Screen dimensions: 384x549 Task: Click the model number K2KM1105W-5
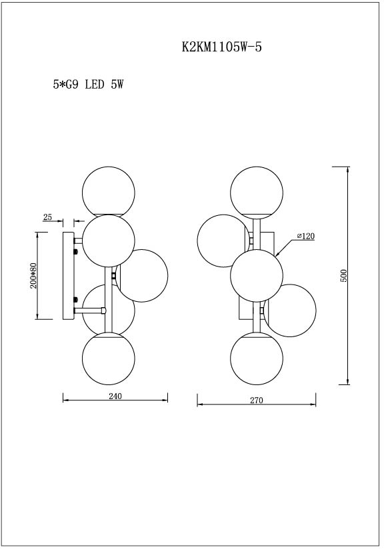tap(222, 47)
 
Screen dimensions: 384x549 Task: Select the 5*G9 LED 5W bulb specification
tap(88, 85)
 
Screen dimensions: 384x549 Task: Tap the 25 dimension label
tap(47, 217)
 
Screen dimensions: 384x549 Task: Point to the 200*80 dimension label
tap(33, 275)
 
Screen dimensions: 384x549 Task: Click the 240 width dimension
tap(115, 396)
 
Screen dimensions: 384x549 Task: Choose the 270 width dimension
tap(257, 400)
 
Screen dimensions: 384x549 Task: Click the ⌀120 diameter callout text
tap(306, 237)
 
